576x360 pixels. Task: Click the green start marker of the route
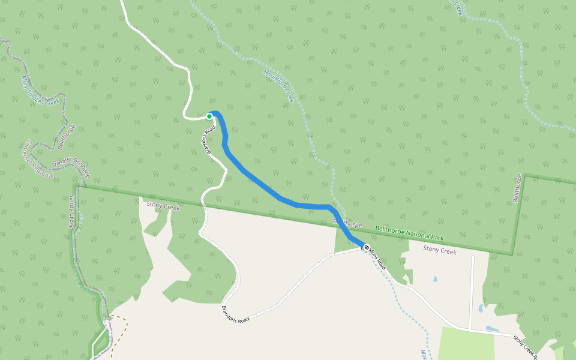pyautogui.click(x=209, y=116)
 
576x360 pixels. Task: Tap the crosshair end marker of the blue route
pyautogui.click(x=366, y=247)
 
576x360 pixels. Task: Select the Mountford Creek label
pyautogui.click(x=277, y=86)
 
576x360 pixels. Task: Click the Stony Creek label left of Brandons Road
pyautogui.click(x=163, y=206)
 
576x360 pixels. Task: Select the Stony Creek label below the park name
pyautogui.click(x=440, y=250)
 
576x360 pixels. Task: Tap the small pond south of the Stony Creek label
pyautogui.click(x=435, y=279)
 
